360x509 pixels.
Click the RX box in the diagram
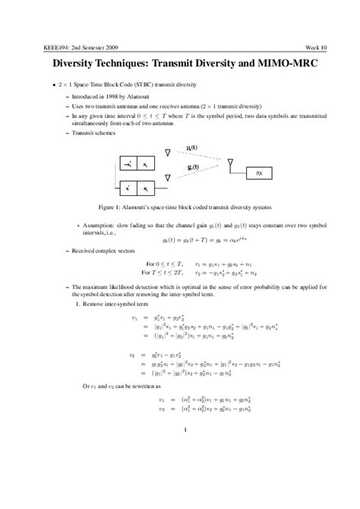pyautogui.click(x=259, y=172)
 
